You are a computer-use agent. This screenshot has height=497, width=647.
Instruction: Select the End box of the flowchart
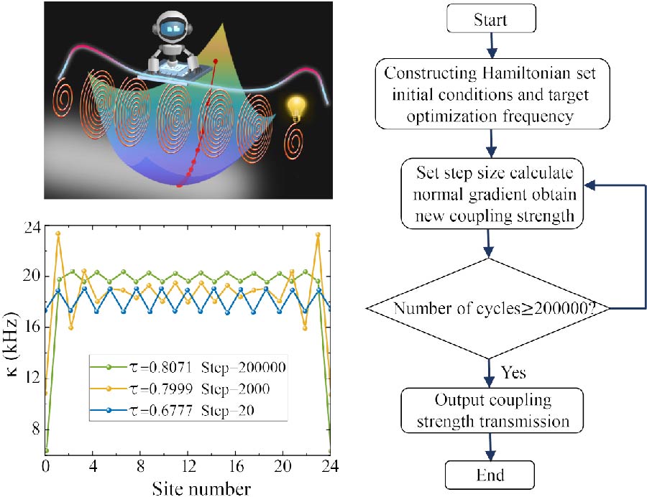click(x=490, y=475)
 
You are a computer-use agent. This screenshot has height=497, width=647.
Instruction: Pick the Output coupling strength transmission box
click(x=489, y=410)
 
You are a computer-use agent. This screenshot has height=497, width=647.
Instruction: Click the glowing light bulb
click(x=294, y=108)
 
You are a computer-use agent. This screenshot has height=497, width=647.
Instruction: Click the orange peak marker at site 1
click(x=58, y=233)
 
